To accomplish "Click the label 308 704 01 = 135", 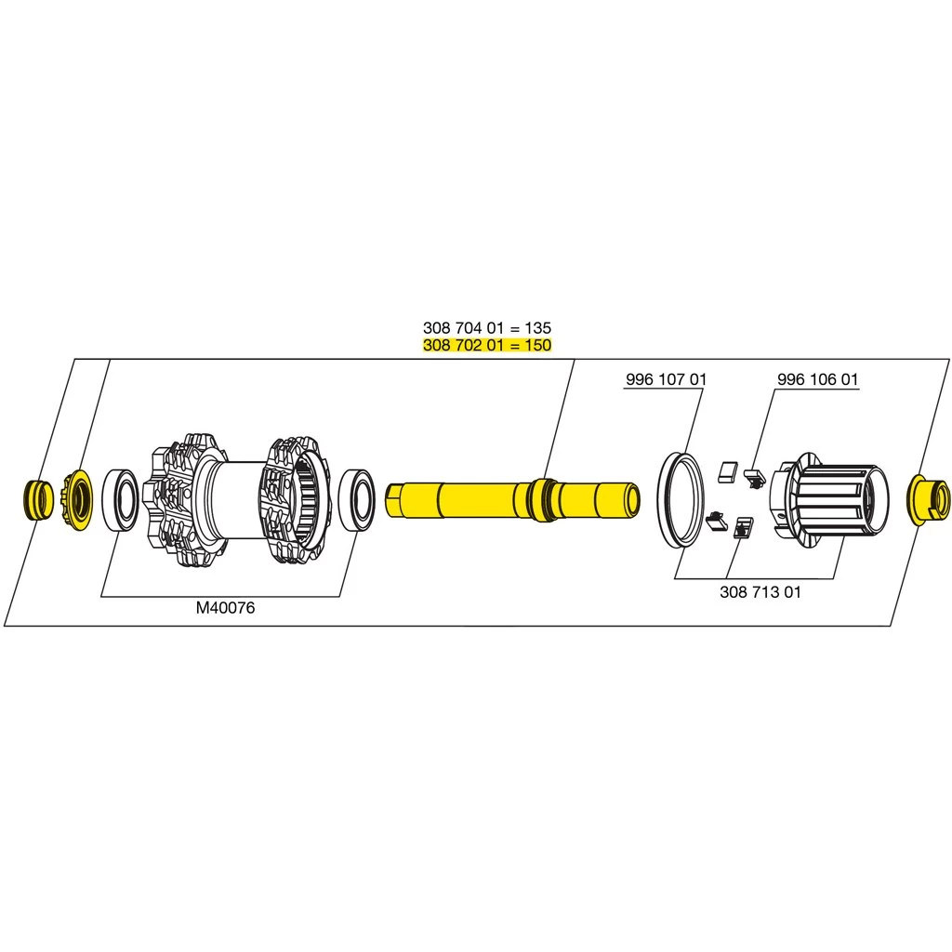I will pyautogui.click(x=486, y=328).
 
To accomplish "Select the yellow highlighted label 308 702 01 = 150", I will pyautogui.click(x=486, y=345).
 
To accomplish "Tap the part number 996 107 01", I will pyautogui.click(x=666, y=380).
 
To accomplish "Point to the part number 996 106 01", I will pyautogui.click(x=817, y=380).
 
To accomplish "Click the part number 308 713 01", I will pyautogui.click(x=760, y=591).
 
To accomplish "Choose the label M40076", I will pyautogui.click(x=225, y=608).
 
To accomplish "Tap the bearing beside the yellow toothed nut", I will pyautogui.click(x=120, y=500).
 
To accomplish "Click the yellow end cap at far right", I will pyautogui.click(x=929, y=498).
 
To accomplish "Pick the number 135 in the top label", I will pyautogui.click(x=537, y=328).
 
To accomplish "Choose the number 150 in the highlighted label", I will pyautogui.click(x=537, y=345).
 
